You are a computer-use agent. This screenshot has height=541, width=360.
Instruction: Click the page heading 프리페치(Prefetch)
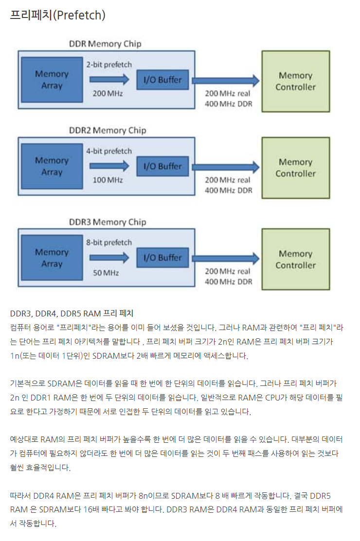coord(57,15)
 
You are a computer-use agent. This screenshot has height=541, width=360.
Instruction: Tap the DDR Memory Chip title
coord(105,44)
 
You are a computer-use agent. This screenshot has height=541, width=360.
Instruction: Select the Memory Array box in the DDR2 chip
coord(52,166)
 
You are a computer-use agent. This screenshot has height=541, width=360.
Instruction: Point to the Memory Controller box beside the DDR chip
coord(295,82)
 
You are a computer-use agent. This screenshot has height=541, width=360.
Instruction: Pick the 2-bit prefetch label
coord(109,64)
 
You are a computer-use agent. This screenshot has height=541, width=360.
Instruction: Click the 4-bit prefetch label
coord(109,151)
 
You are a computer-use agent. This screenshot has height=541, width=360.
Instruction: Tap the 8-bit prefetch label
coord(109,243)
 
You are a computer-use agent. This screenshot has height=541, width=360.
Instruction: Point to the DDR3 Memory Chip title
coord(108,222)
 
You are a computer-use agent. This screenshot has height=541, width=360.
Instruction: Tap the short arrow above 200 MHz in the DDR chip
coord(109,79)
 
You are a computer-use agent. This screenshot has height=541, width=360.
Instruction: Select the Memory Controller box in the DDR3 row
coord(295,260)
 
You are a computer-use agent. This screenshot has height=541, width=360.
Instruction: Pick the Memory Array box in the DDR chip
coord(52,80)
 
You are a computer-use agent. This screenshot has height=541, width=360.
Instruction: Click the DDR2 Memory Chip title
coord(108,130)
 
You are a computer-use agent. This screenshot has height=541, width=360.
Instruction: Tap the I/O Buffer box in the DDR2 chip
coord(162,166)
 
